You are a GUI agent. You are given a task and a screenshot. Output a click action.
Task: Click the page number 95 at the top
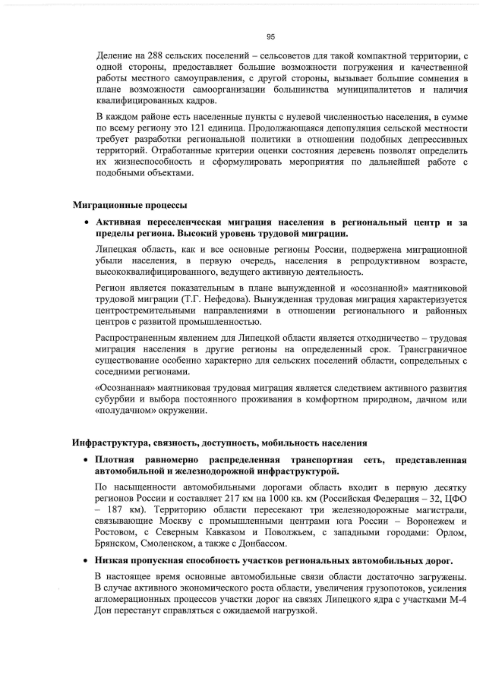pyautogui.click(x=270, y=36)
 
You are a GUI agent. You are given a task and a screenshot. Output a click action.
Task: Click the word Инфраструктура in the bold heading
pyautogui.click(x=116, y=443)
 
